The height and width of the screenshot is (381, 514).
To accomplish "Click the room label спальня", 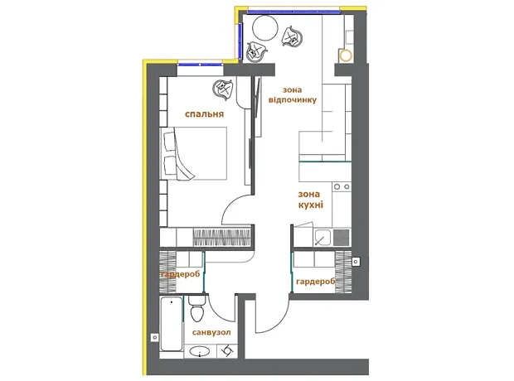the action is point(204,114).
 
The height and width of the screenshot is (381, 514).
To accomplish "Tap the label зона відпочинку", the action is point(293,95).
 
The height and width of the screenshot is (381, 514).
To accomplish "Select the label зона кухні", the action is point(310,200).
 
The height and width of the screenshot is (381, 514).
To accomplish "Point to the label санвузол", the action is point(211,332).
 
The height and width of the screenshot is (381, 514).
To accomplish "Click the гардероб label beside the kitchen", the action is point(316,282).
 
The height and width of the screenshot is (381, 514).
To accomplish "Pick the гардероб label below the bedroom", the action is point(180,274).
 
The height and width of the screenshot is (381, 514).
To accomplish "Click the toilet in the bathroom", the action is point(197,309).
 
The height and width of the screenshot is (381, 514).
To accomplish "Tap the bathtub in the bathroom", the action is point(172,324).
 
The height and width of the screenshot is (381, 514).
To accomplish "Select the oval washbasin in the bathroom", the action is point(200,351).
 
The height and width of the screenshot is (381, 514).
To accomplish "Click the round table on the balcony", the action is point(264,28).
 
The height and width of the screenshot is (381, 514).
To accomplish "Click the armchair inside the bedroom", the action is point(223,89).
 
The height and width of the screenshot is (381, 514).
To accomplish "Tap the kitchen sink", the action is point(322,237).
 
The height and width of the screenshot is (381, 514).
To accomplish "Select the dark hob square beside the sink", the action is point(342,237).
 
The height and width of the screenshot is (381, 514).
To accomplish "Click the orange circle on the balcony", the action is point(346,55).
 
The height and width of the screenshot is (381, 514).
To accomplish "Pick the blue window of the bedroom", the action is point(200,65).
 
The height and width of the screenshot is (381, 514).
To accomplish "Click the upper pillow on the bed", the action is point(169,141).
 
